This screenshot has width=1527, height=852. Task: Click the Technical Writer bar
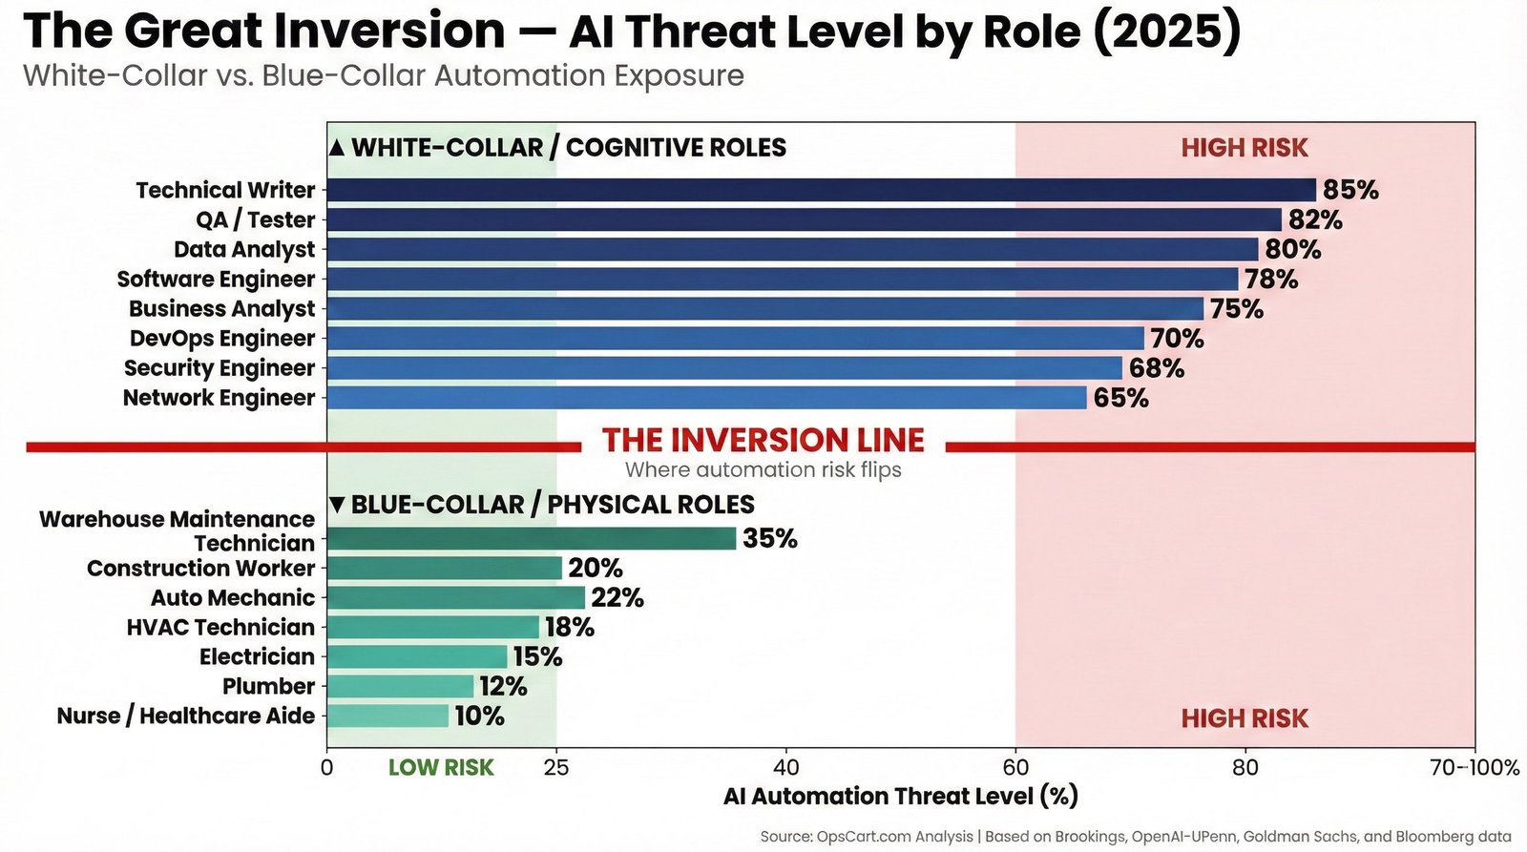(821, 190)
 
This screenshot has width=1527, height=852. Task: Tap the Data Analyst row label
(244, 250)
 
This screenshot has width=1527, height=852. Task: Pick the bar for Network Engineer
(706, 398)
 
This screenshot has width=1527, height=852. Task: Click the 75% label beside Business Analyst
(1236, 309)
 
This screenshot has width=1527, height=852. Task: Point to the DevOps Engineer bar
(735, 339)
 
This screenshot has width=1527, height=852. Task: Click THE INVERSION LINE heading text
(763, 440)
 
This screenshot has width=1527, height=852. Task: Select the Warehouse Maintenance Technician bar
(531, 538)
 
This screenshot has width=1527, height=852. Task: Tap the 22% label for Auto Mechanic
(617, 598)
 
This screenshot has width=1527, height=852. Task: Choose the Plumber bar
(400, 687)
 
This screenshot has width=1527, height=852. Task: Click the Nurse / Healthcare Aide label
(186, 717)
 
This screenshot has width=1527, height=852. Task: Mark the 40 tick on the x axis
(785, 768)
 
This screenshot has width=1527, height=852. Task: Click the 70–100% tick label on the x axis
(1474, 768)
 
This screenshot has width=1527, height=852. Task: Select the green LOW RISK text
(441, 768)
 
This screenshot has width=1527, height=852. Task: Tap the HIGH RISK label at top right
(1244, 148)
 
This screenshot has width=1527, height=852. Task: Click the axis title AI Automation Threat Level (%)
(900, 797)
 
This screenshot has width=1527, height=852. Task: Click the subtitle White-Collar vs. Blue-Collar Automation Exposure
(383, 75)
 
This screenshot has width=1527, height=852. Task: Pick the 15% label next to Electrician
(537, 657)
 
